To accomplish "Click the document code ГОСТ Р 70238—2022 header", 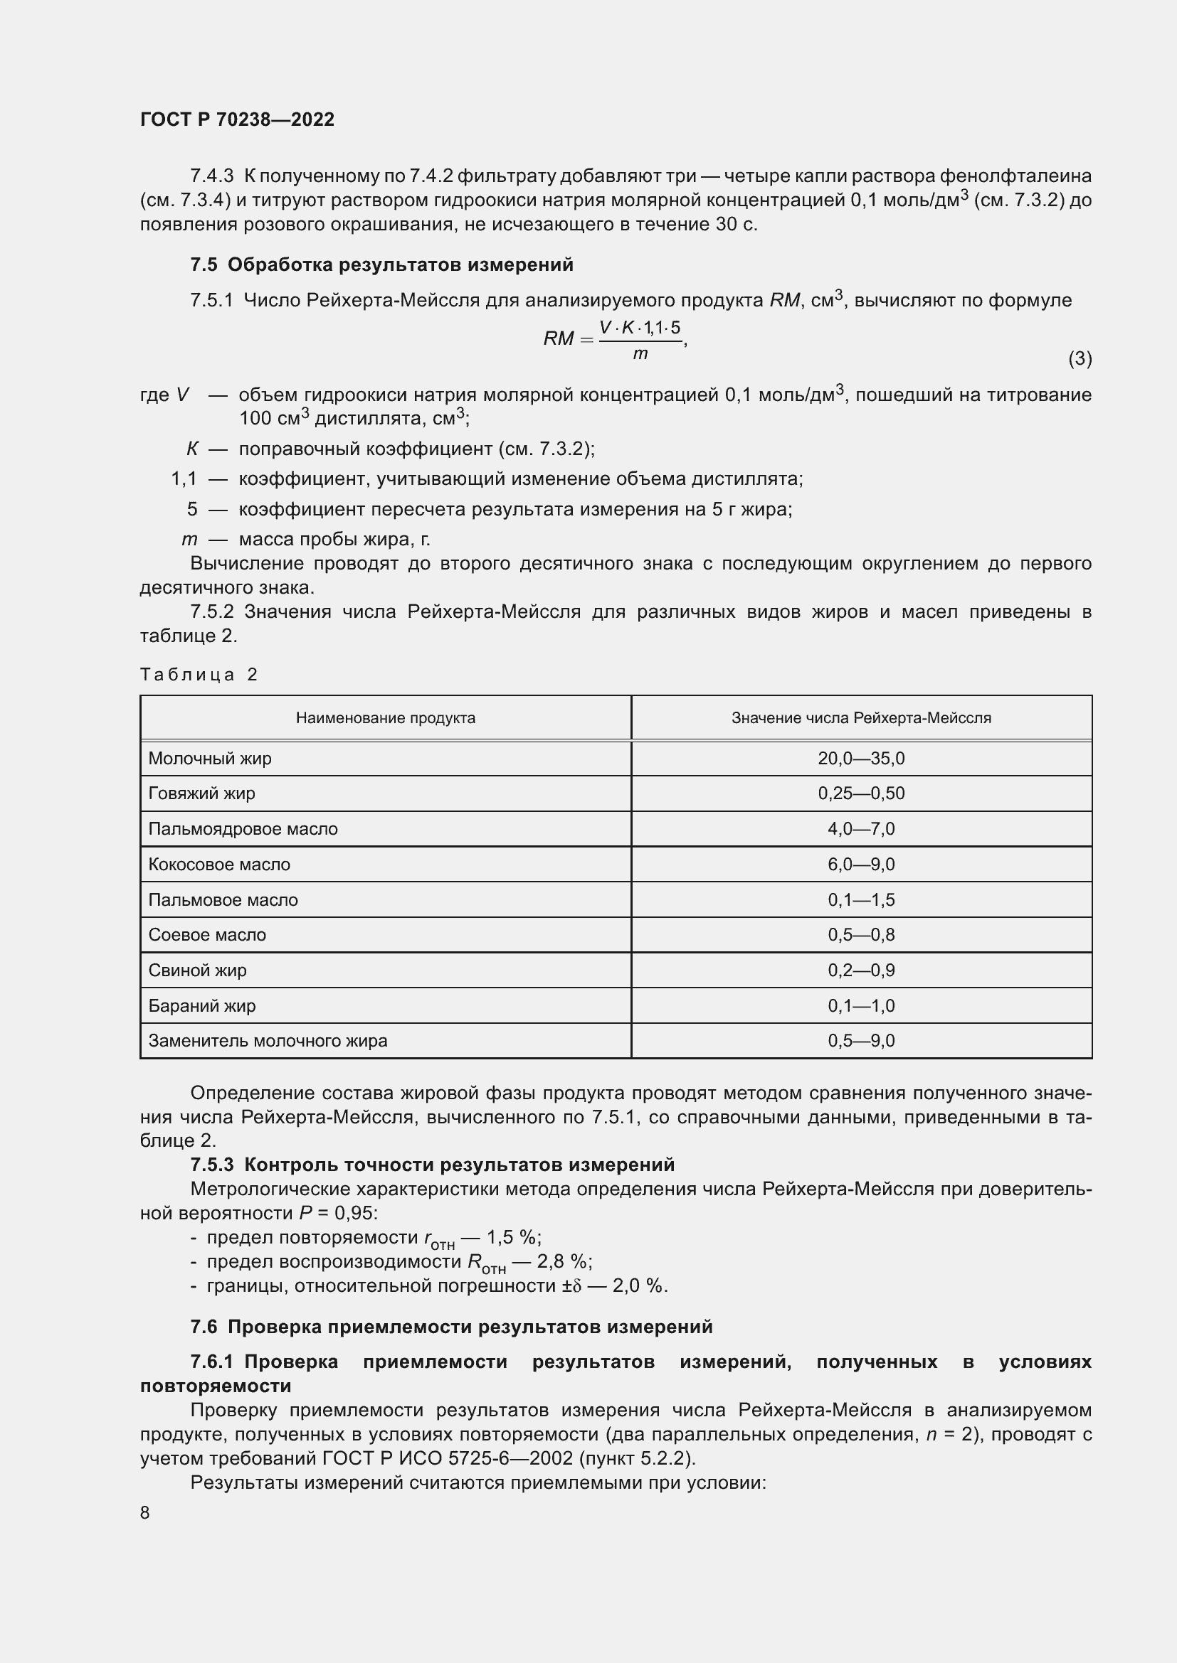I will [237, 119].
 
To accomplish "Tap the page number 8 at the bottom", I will [145, 1512].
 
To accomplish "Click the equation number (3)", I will [1080, 358].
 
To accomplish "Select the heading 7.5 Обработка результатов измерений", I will [381, 265].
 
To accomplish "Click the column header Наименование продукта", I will [386, 718].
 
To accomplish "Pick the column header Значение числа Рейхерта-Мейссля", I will [861, 718].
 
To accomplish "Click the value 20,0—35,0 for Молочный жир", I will [861, 759].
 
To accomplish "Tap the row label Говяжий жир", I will [201, 793].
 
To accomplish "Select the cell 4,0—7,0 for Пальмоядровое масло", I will [861, 828].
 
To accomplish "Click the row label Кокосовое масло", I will [219, 864].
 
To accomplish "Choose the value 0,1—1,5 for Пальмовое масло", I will [861, 899].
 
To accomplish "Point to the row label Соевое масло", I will [207, 934].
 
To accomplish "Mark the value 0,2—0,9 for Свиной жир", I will [861, 970].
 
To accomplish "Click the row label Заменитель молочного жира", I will [268, 1041].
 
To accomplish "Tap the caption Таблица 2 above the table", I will [199, 675].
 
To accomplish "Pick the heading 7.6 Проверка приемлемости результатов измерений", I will [450, 1327].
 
